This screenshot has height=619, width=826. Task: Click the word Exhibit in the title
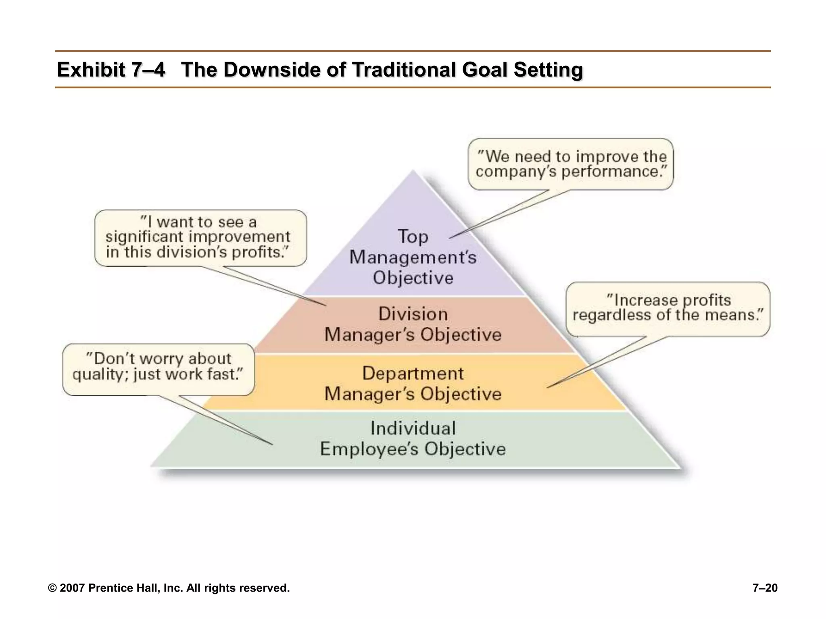click(x=91, y=70)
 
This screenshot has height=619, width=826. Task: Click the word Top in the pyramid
click(x=413, y=237)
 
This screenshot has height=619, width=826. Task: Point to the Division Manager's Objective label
click(x=413, y=324)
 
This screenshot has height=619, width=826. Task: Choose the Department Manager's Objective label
click(x=413, y=384)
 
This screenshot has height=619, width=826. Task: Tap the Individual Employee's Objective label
click(x=413, y=439)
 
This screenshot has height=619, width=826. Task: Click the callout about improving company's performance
click(x=571, y=164)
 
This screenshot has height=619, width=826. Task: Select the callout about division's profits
click(x=200, y=238)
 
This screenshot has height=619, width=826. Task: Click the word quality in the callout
click(x=97, y=375)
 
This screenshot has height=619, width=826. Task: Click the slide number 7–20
click(x=765, y=588)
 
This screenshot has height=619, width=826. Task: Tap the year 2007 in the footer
click(x=72, y=588)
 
